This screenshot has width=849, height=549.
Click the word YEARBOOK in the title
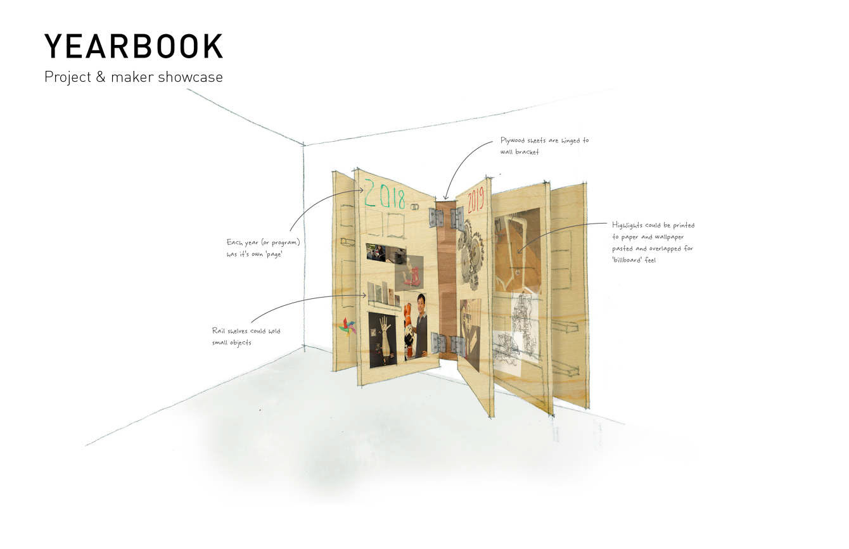pos(134,47)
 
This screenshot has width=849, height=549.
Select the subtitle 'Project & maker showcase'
pos(134,77)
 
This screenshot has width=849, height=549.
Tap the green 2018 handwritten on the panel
pos(384,196)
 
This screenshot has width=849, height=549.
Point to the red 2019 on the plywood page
pos(475,201)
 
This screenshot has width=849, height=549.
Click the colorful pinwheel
pos(347,325)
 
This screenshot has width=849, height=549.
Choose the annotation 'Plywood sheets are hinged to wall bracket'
pos(544,146)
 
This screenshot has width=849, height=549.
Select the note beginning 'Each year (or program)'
pos(263,248)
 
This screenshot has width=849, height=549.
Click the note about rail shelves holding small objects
pos(246,337)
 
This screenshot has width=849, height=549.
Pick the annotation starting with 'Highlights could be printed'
pos(653,243)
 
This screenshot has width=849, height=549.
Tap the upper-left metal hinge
pos(436,217)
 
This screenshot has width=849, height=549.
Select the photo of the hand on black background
pos(383,339)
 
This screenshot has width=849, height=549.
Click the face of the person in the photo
pos(421,301)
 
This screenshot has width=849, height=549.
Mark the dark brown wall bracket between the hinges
pos(447,279)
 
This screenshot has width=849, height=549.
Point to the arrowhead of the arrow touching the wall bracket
pos(445,198)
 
